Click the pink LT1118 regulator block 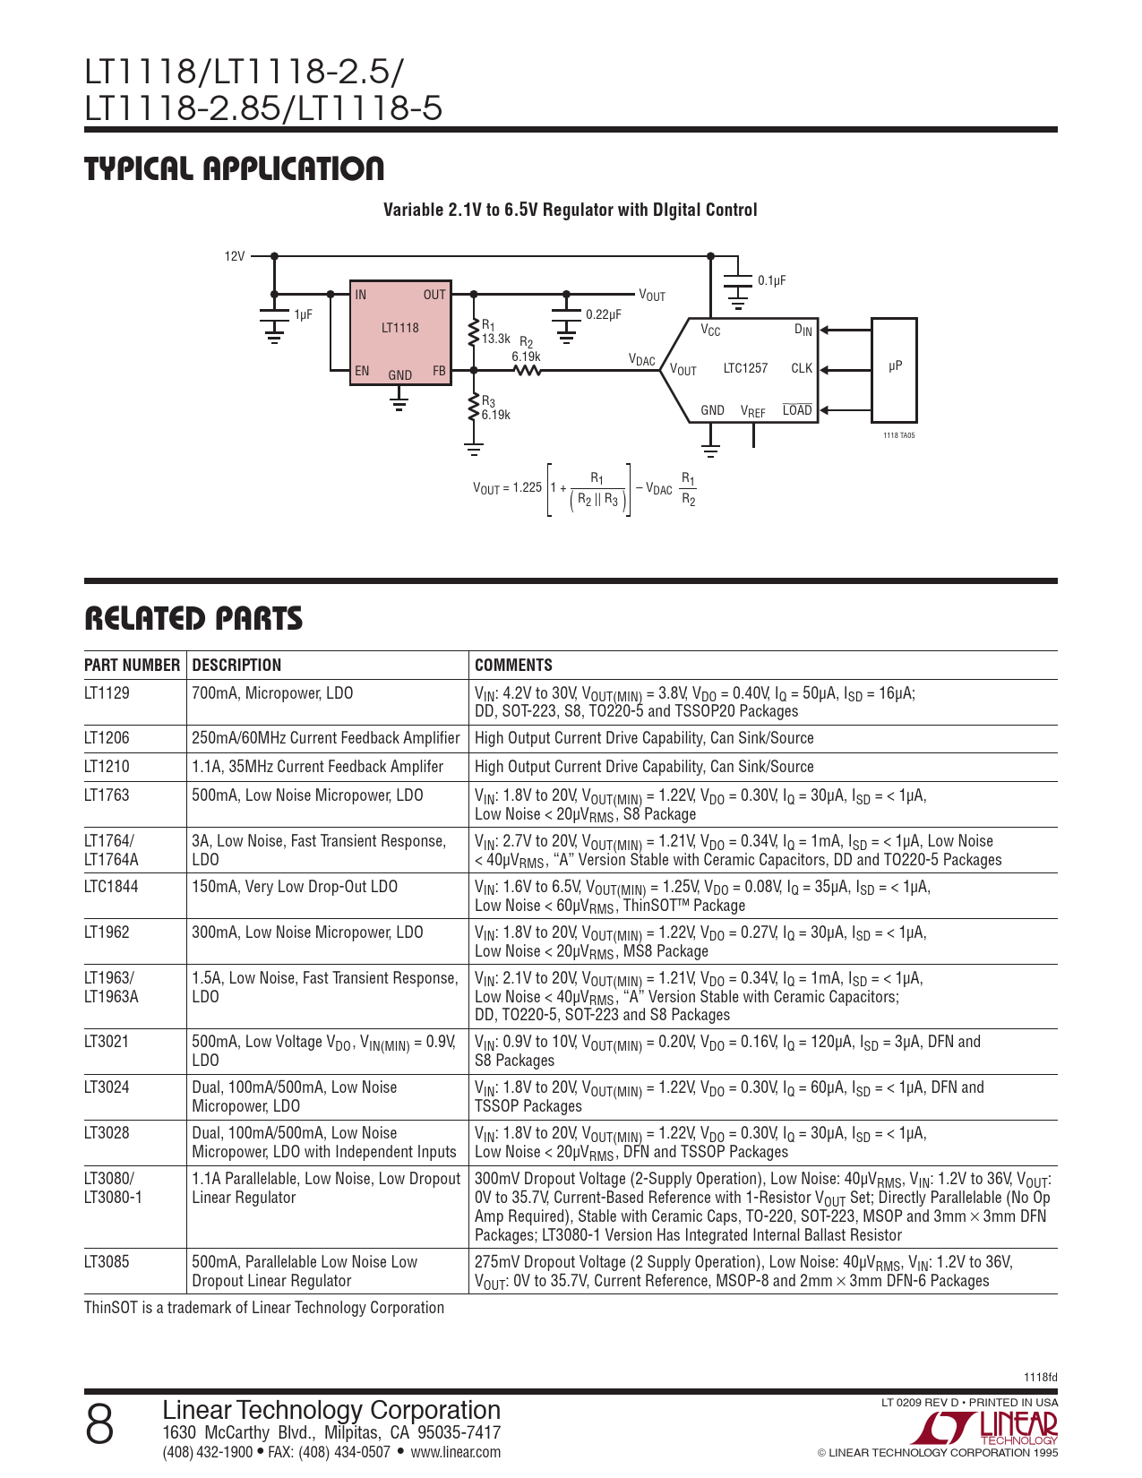click(x=399, y=331)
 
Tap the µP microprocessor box click(x=894, y=368)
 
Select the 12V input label click(x=234, y=256)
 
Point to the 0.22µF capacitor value click(x=603, y=315)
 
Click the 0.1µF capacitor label click(x=771, y=280)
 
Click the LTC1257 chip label click(x=745, y=368)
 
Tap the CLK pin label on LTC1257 click(x=801, y=368)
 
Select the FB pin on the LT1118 click(x=439, y=370)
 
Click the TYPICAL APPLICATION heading click(x=234, y=169)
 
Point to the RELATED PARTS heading click(x=193, y=619)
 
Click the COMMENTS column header click(x=513, y=666)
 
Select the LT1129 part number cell click(x=107, y=693)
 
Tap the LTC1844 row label click(x=111, y=887)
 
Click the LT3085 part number click(x=107, y=1262)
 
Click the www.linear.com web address click(x=455, y=1452)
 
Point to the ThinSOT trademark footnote click(x=264, y=1308)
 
